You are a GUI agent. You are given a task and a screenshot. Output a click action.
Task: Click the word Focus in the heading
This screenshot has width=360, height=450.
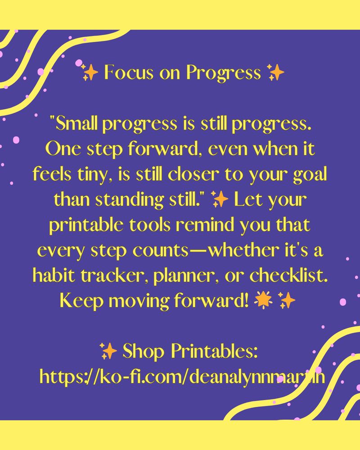point(129,72)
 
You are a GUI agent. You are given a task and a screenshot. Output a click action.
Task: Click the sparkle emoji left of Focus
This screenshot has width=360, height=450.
point(90,72)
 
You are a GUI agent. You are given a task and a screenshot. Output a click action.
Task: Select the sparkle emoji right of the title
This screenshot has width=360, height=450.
point(275,72)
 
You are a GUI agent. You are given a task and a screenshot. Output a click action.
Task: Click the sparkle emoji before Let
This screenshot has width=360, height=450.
point(220,199)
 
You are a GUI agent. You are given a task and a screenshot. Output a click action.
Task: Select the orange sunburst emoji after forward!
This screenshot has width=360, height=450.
point(263,300)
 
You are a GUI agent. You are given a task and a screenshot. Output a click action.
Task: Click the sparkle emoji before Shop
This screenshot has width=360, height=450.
point(108,351)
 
